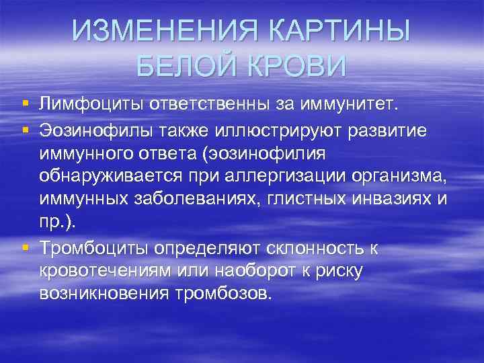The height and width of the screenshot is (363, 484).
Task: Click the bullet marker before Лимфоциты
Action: (25, 104)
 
